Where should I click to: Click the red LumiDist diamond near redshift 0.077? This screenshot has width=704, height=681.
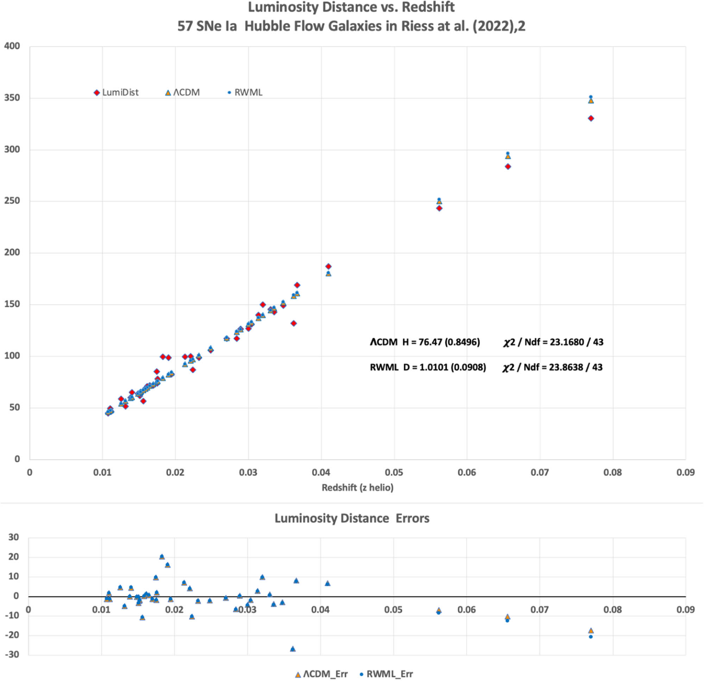[x=591, y=119]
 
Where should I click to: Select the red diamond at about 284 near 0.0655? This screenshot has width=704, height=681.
[x=508, y=167]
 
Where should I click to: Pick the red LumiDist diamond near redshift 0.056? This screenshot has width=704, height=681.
[x=439, y=208]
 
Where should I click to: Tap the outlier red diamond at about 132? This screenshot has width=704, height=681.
[x=294, y=324]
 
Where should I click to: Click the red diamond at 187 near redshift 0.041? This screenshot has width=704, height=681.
[x=328, y=266]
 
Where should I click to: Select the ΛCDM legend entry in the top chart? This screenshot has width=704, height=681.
[x=182, y=93]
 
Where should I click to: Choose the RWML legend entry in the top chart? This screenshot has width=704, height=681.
[x=245, y=93]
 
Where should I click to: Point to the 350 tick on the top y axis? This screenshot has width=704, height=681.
[x=12, y=98]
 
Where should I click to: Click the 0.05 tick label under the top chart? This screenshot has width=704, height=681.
[x=394, y=472]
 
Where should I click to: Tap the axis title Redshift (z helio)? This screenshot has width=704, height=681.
[x=357, y=488]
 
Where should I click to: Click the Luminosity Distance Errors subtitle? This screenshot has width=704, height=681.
[x=352, y=518]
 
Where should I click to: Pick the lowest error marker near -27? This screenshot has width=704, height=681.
[x=293, y=649]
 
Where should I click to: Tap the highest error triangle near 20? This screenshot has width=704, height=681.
[x=162, y=557]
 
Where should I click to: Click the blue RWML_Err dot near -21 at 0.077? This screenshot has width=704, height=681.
[x=591, y=637]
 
